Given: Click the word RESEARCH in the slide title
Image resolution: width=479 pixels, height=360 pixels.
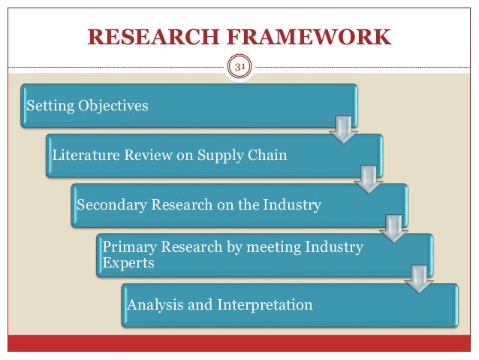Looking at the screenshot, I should coord(149,38).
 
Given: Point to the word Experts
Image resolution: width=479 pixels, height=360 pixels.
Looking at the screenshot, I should coord(128,264).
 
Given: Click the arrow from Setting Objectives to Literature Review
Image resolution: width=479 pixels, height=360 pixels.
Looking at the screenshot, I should coord(342,129).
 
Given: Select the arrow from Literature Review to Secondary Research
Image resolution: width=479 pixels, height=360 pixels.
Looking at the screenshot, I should coord(368,178).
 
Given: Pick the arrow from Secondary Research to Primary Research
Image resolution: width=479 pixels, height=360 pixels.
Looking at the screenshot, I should coord(393,228).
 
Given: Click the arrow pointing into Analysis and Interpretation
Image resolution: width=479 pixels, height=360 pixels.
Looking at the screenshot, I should coord(417,277).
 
